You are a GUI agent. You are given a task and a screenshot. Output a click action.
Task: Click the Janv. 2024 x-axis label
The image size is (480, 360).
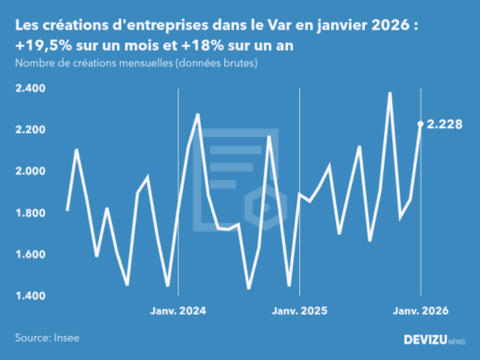click(x=178, y=311)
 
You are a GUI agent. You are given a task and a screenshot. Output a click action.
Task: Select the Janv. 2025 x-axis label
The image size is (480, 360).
click(x=300, y=311)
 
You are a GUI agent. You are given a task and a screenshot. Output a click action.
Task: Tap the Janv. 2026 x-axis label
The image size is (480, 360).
click(x=421, y=311)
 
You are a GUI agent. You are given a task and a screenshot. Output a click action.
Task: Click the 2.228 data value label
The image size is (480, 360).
click(x=446, y=123)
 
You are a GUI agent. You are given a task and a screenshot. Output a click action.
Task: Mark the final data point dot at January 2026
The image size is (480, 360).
click(x=421, y=124)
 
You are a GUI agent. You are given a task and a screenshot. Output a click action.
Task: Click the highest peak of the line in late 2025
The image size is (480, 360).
click(x=390, y=92)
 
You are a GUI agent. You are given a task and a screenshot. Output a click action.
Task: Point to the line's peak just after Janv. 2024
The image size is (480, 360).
click(x=198, y=114)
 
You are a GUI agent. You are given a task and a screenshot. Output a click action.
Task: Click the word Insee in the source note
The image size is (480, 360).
click(x=67, y=339)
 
